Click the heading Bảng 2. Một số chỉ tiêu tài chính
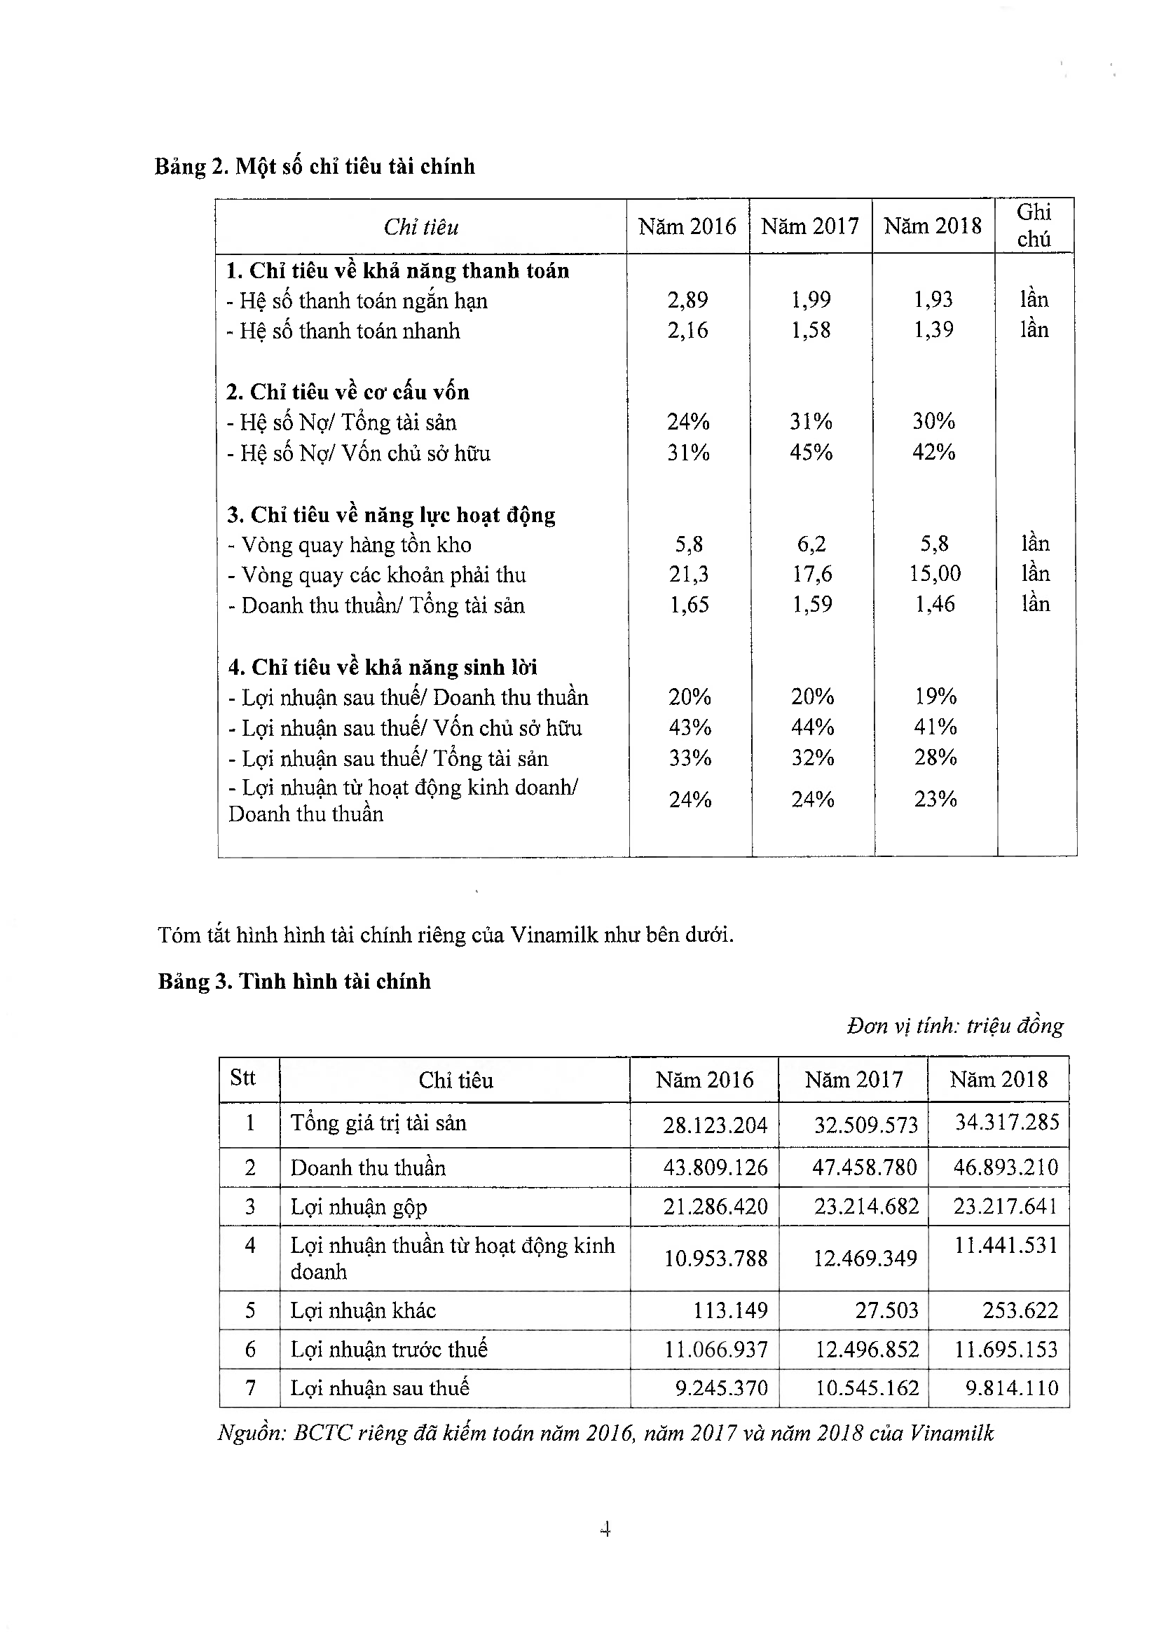315,166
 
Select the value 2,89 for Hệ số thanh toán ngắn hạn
687,300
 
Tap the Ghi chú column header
1034,226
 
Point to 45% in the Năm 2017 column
811,452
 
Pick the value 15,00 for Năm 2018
934,574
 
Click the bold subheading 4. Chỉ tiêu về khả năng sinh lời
383,668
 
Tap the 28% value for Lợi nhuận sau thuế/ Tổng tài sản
935,757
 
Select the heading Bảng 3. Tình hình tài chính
294,982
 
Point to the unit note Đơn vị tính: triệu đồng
954,1026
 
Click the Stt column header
242,1077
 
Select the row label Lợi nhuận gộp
358,1207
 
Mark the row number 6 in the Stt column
249,1348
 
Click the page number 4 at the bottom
605,1529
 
